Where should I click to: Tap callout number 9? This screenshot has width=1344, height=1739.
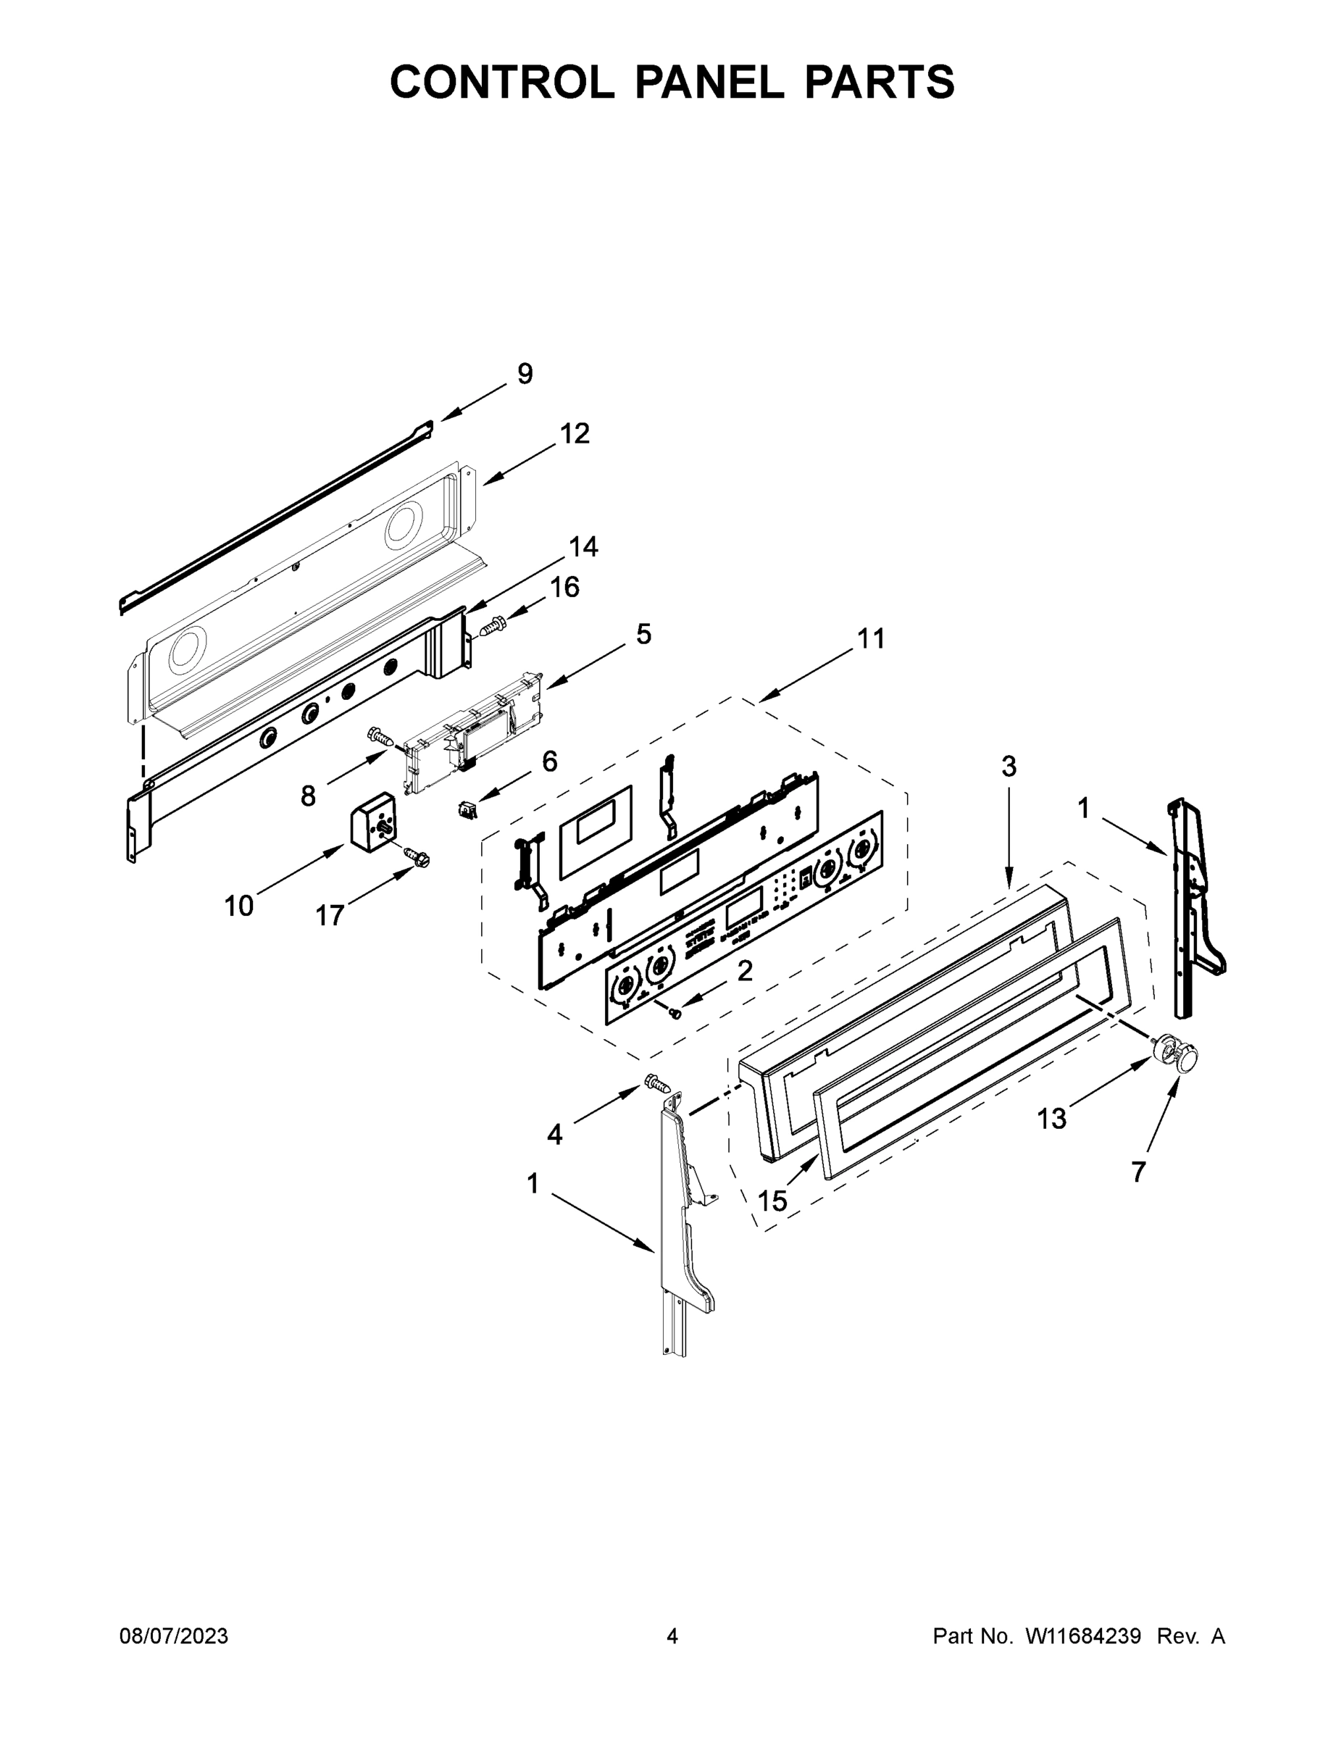point(525,373)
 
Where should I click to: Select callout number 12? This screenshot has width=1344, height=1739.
point(574,434)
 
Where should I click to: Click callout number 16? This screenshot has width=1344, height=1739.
point(564,588)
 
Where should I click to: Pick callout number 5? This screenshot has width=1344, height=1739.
point(643,635)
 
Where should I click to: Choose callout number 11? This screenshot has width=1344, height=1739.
point(871,638)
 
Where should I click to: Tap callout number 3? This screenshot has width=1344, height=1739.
point(1009,767)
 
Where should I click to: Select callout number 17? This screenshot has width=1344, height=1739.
point(330,916)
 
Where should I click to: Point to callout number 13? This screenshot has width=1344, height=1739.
point(1051,1119)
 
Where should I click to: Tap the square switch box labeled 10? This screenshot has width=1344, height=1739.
point(374,820)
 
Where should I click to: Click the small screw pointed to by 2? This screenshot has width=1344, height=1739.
point(675,1013)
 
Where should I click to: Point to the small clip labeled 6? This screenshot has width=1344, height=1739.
point(467,812)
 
